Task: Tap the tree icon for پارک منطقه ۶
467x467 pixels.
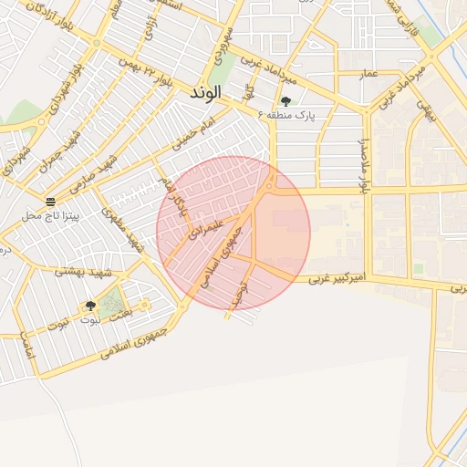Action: click(x=285, y=101)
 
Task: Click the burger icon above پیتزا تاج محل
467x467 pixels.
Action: click(x=49, y=201)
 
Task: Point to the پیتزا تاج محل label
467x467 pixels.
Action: click(x=51, y=216)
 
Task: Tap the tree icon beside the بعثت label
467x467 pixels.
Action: click(x=90, y=306)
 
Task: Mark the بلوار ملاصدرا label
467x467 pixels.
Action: click(x=363, y=165)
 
